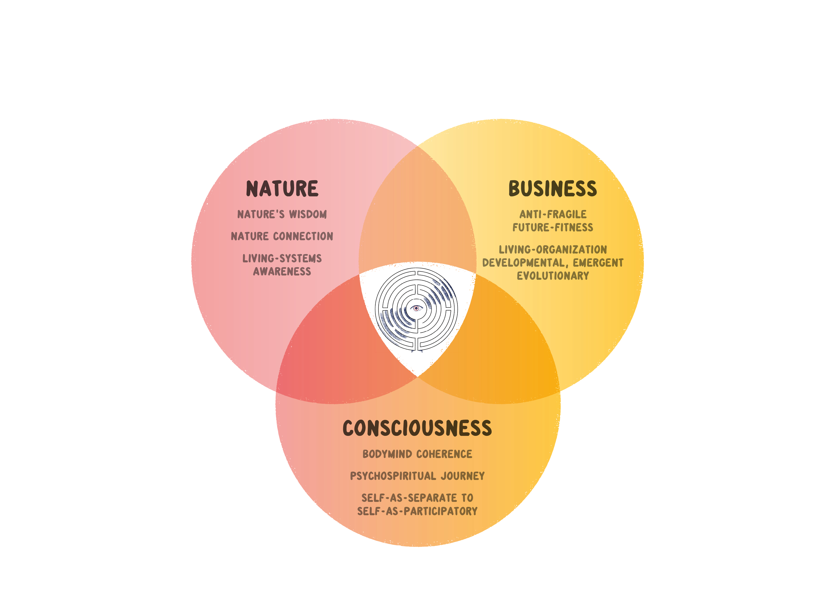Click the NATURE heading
tap(282, 189)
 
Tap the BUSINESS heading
tap(552, 189)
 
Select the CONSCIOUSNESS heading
tap(417, 428)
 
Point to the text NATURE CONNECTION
tap(282, 236)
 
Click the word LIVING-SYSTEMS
tap(282, 259)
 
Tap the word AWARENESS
tap(282, 272)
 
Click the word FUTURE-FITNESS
tap(553, 228)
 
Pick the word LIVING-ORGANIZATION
tap(553, 250)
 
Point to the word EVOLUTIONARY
tap(553, 276)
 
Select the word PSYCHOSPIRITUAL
tap(393, 476)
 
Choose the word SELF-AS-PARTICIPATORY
tap(417, 511)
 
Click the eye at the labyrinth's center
tap(416, 308)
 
